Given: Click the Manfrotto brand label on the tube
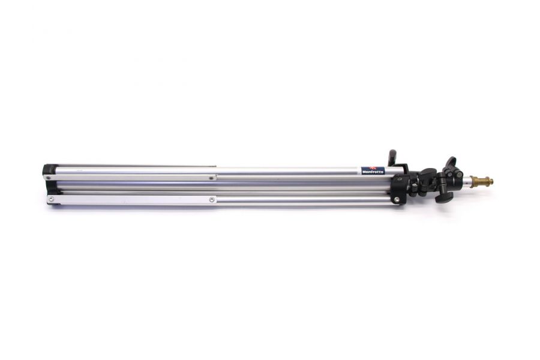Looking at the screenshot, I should [x=373, y=171].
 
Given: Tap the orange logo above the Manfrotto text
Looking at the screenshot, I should [x=373, y=169].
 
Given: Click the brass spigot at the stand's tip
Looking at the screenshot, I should [x=480, y=181].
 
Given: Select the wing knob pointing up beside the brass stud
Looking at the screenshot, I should [x=450, y=163].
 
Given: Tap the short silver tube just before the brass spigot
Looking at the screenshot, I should [x=463, y=181].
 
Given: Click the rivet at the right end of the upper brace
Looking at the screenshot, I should [x=211, y=178].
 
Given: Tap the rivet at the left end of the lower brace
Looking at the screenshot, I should [x=52, y=199].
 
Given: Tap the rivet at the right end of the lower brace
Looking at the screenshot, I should [x=212, y=199].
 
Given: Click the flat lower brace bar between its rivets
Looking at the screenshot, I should [x=132, y=199].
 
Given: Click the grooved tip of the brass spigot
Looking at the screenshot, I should [x=490, y=180].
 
